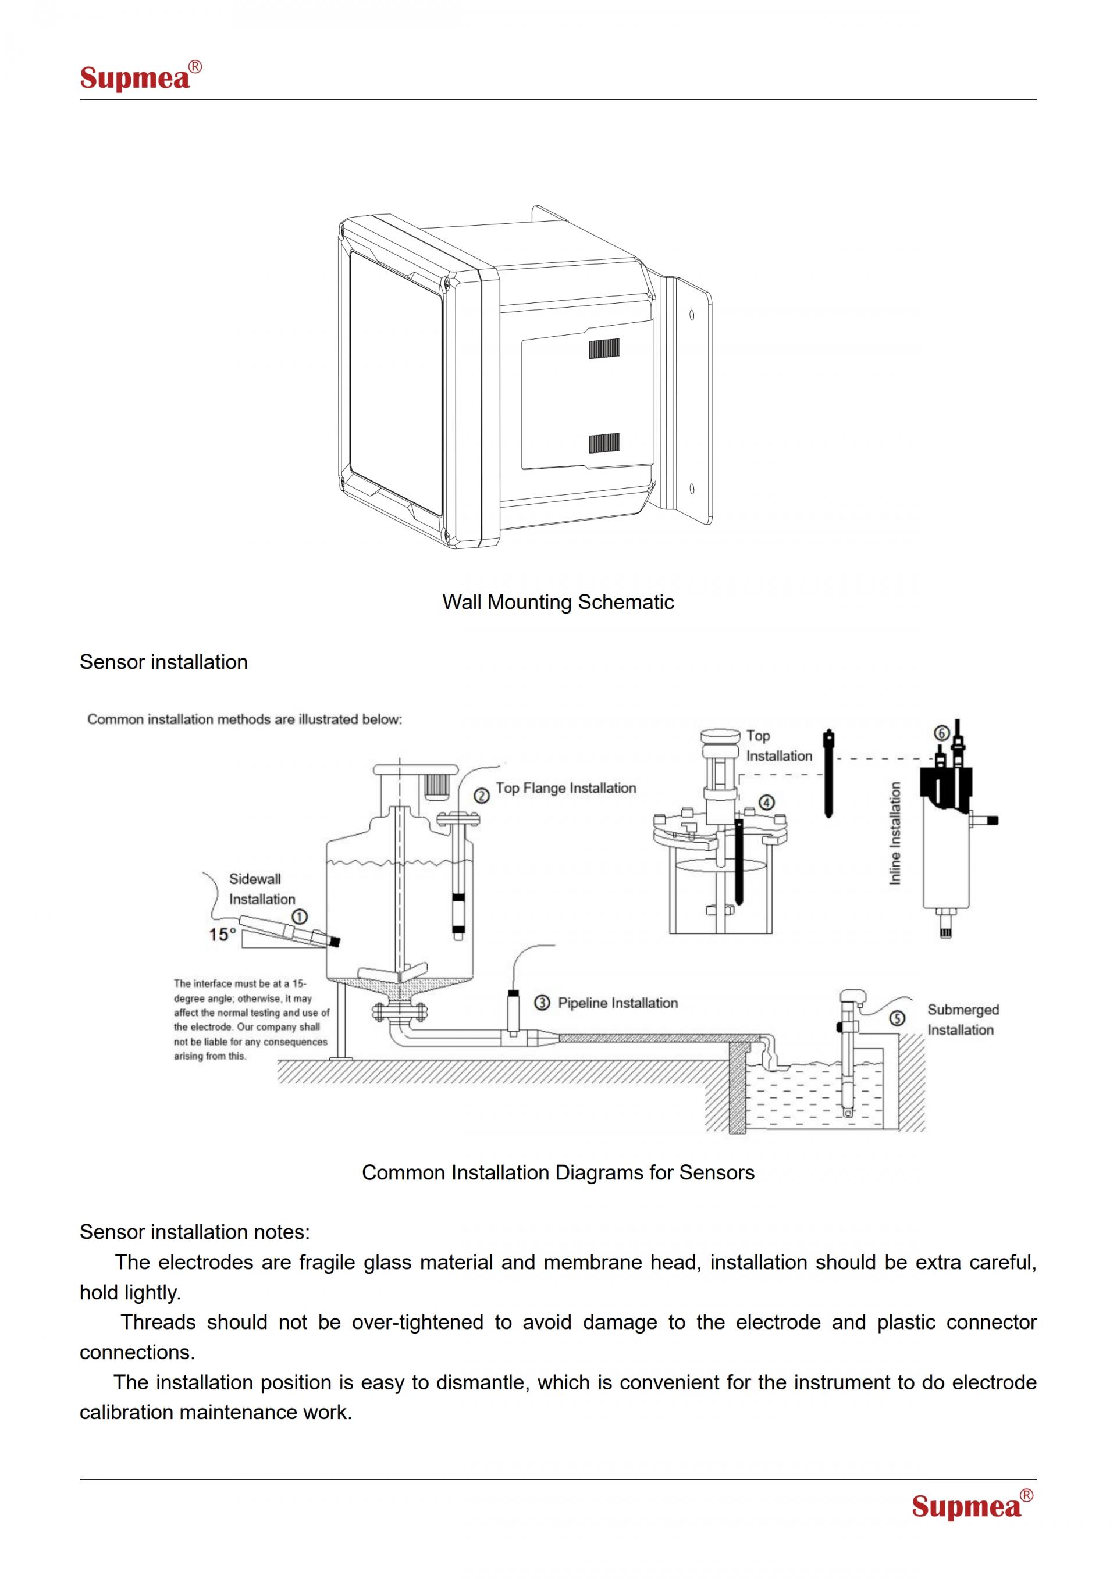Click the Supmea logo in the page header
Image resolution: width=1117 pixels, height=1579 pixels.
140,76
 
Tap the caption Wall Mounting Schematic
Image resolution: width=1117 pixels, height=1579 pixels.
558,603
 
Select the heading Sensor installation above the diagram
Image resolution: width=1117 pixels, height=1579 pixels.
163,662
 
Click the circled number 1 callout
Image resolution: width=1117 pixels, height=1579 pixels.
300,916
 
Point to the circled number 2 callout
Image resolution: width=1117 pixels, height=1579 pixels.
482,796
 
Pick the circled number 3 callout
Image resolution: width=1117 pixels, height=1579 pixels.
543,1003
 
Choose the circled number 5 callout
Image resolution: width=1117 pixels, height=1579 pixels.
897,1018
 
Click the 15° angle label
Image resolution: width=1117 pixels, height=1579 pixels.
222,935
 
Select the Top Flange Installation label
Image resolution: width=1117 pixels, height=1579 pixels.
566,788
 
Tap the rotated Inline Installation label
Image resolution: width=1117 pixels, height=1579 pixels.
895,833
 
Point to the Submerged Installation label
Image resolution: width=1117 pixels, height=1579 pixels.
962,1020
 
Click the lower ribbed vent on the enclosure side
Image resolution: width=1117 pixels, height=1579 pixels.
604,444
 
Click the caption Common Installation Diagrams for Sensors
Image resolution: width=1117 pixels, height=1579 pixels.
558,1172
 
